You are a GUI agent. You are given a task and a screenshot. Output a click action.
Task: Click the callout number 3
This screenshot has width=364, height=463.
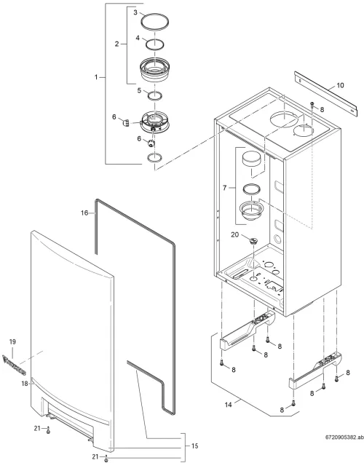click(x=135, y=12)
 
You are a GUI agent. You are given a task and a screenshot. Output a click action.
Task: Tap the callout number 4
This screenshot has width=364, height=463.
click(x=138, y=39)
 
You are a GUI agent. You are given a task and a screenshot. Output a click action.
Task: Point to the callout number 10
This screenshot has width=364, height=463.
click(x=340, y=85)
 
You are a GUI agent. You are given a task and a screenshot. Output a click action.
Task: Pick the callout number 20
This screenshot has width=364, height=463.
click(x=234, y=234)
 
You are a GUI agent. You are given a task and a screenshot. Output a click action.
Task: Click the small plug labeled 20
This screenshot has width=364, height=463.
click(x=253, y=241)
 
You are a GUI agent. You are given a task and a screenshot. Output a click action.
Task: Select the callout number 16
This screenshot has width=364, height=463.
click(x=84, y=213)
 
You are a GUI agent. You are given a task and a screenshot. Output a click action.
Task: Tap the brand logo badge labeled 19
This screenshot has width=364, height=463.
click(x=14, y=365)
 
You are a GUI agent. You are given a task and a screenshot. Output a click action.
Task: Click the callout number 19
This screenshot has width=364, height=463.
click(x=12, y=342)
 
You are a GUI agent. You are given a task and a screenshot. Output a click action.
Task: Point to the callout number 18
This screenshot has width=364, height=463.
click(x=25, y=384)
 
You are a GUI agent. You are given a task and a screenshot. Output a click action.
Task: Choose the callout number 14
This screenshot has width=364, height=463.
click(x=228, y=405)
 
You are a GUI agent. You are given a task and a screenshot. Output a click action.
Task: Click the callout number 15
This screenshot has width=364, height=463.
click(x=194, y=446)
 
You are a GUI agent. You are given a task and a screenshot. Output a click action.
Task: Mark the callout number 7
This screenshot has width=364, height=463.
click(x=225, y=188)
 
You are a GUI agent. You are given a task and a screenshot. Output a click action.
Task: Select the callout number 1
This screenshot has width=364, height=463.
click(x=96, y=77)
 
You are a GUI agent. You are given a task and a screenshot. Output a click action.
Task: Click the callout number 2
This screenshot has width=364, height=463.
click(x=116, y=44)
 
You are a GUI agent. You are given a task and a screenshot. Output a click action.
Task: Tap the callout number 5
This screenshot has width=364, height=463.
click(x=139, y=90)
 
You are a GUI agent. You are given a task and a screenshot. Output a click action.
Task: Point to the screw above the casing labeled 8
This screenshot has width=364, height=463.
click(x=312, y=105)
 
